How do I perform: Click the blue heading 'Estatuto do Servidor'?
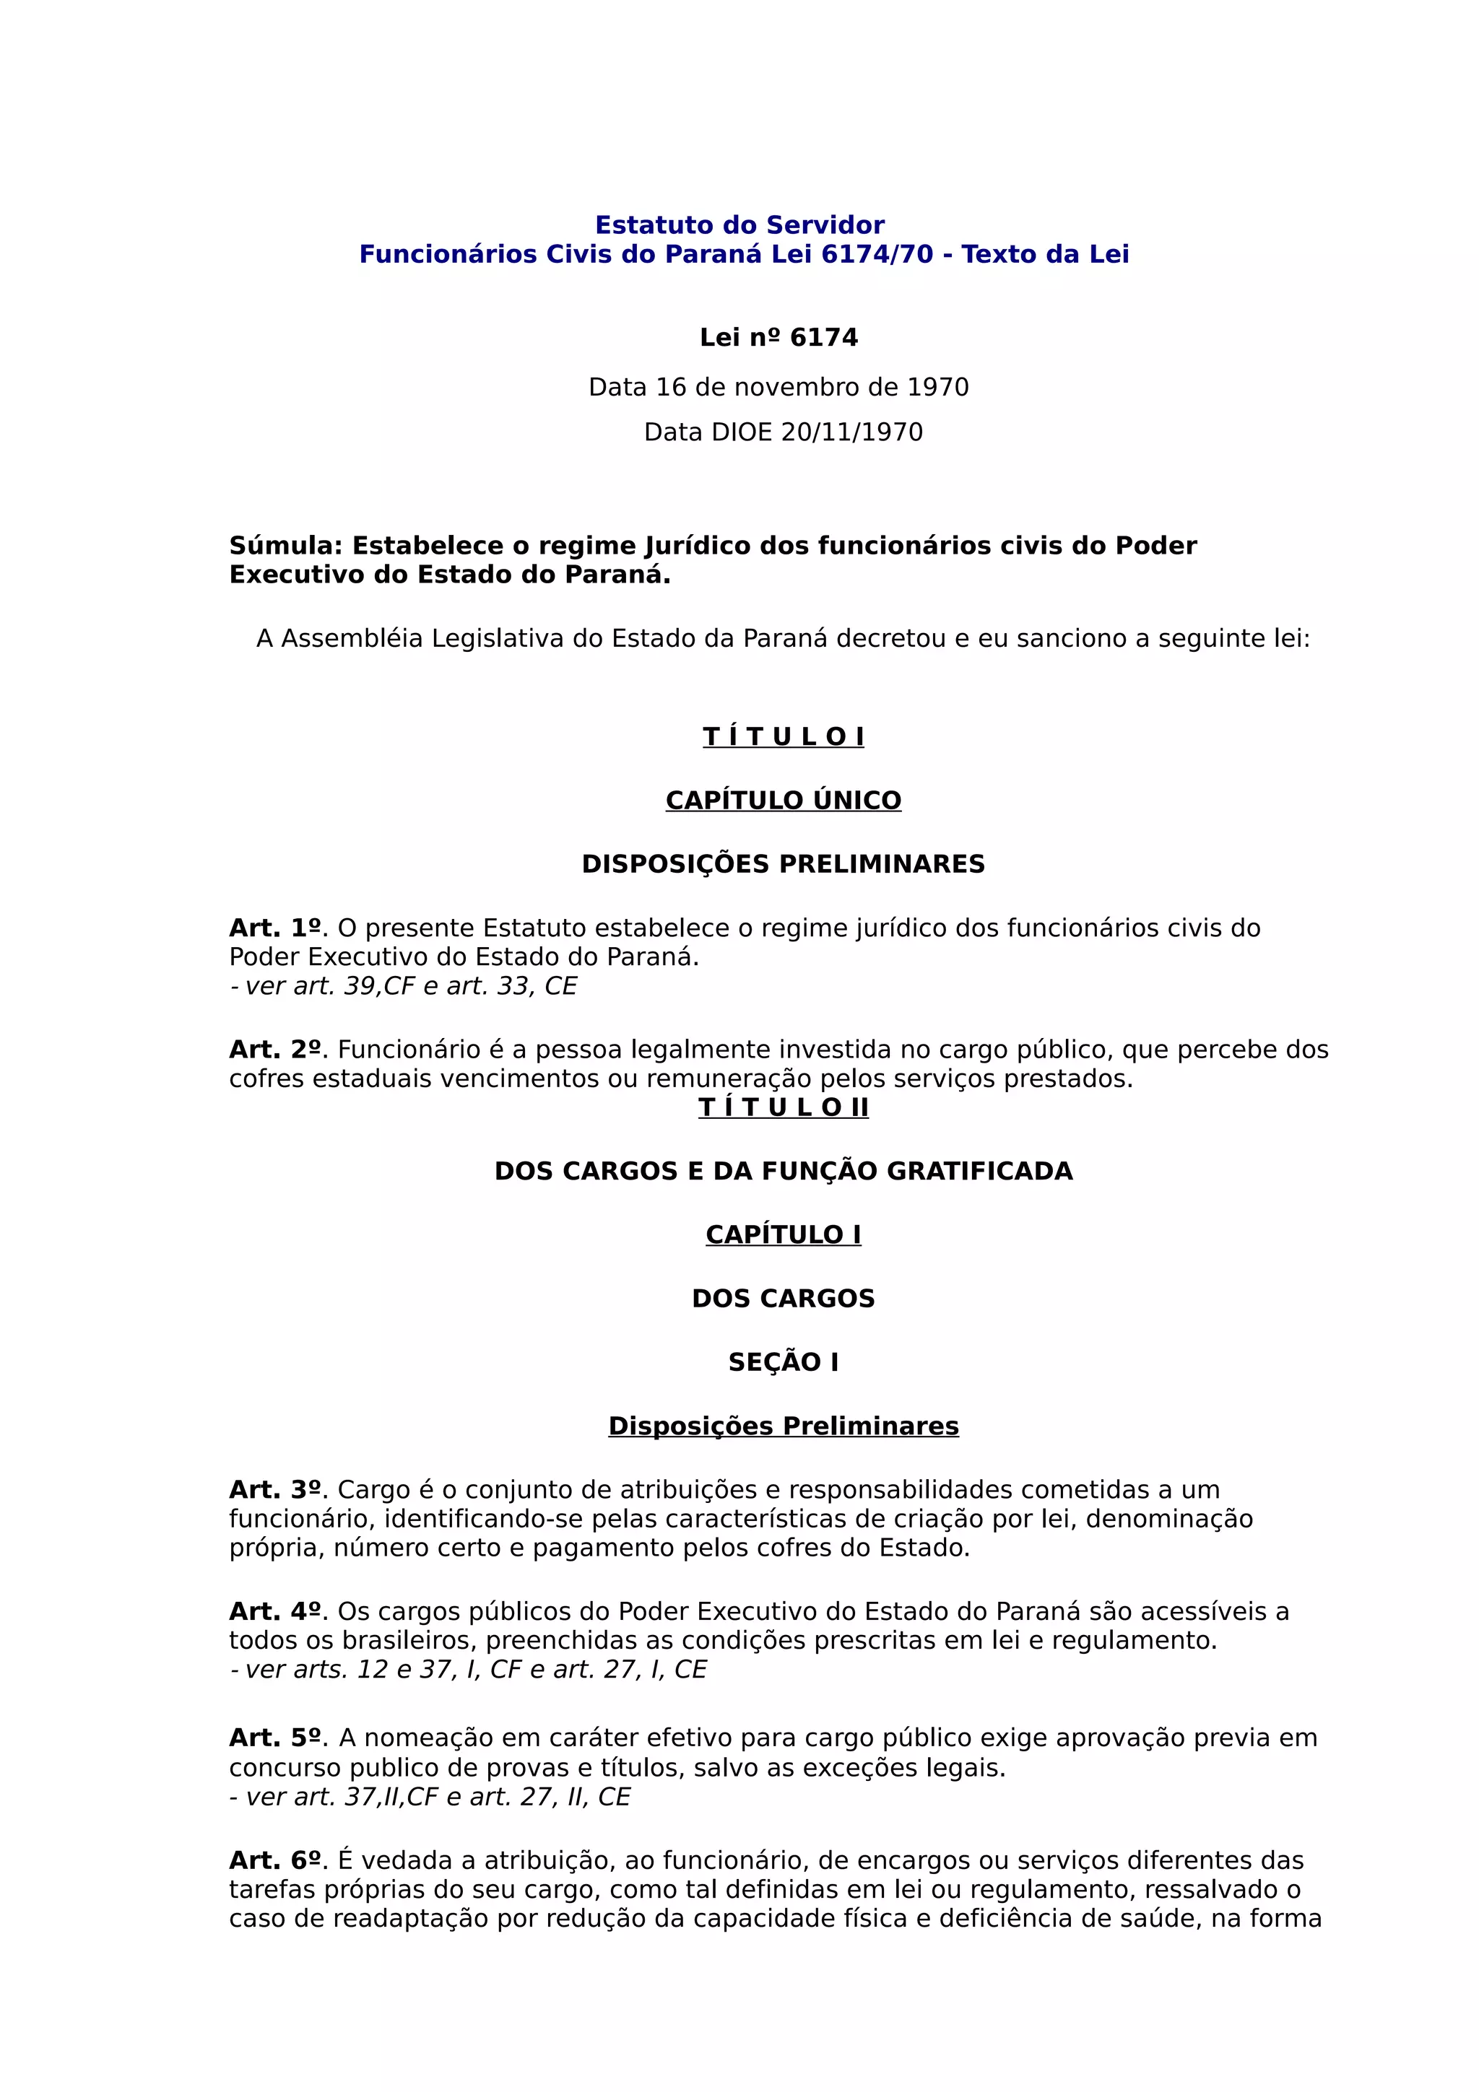click(739, 225)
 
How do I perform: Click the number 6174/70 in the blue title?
click(877, 254)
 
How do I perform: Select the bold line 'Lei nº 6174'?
click(778, 338)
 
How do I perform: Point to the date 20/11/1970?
click(851, 432)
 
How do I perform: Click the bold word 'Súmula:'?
click(285, 546)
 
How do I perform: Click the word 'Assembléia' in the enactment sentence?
click(352, 639)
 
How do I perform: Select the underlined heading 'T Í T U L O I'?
click(783, 736)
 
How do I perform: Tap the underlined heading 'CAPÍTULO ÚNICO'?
click(783, 800)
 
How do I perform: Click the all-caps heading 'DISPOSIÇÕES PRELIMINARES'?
click(783, 864)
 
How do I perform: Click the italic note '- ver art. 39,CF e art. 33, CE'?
click(404, 986)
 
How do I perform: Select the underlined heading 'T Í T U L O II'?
click(783, 1107)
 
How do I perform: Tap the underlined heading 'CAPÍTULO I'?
click(783, 1234)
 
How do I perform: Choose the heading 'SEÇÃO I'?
click(783, 1362)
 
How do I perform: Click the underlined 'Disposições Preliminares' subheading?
click(783, 1426)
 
